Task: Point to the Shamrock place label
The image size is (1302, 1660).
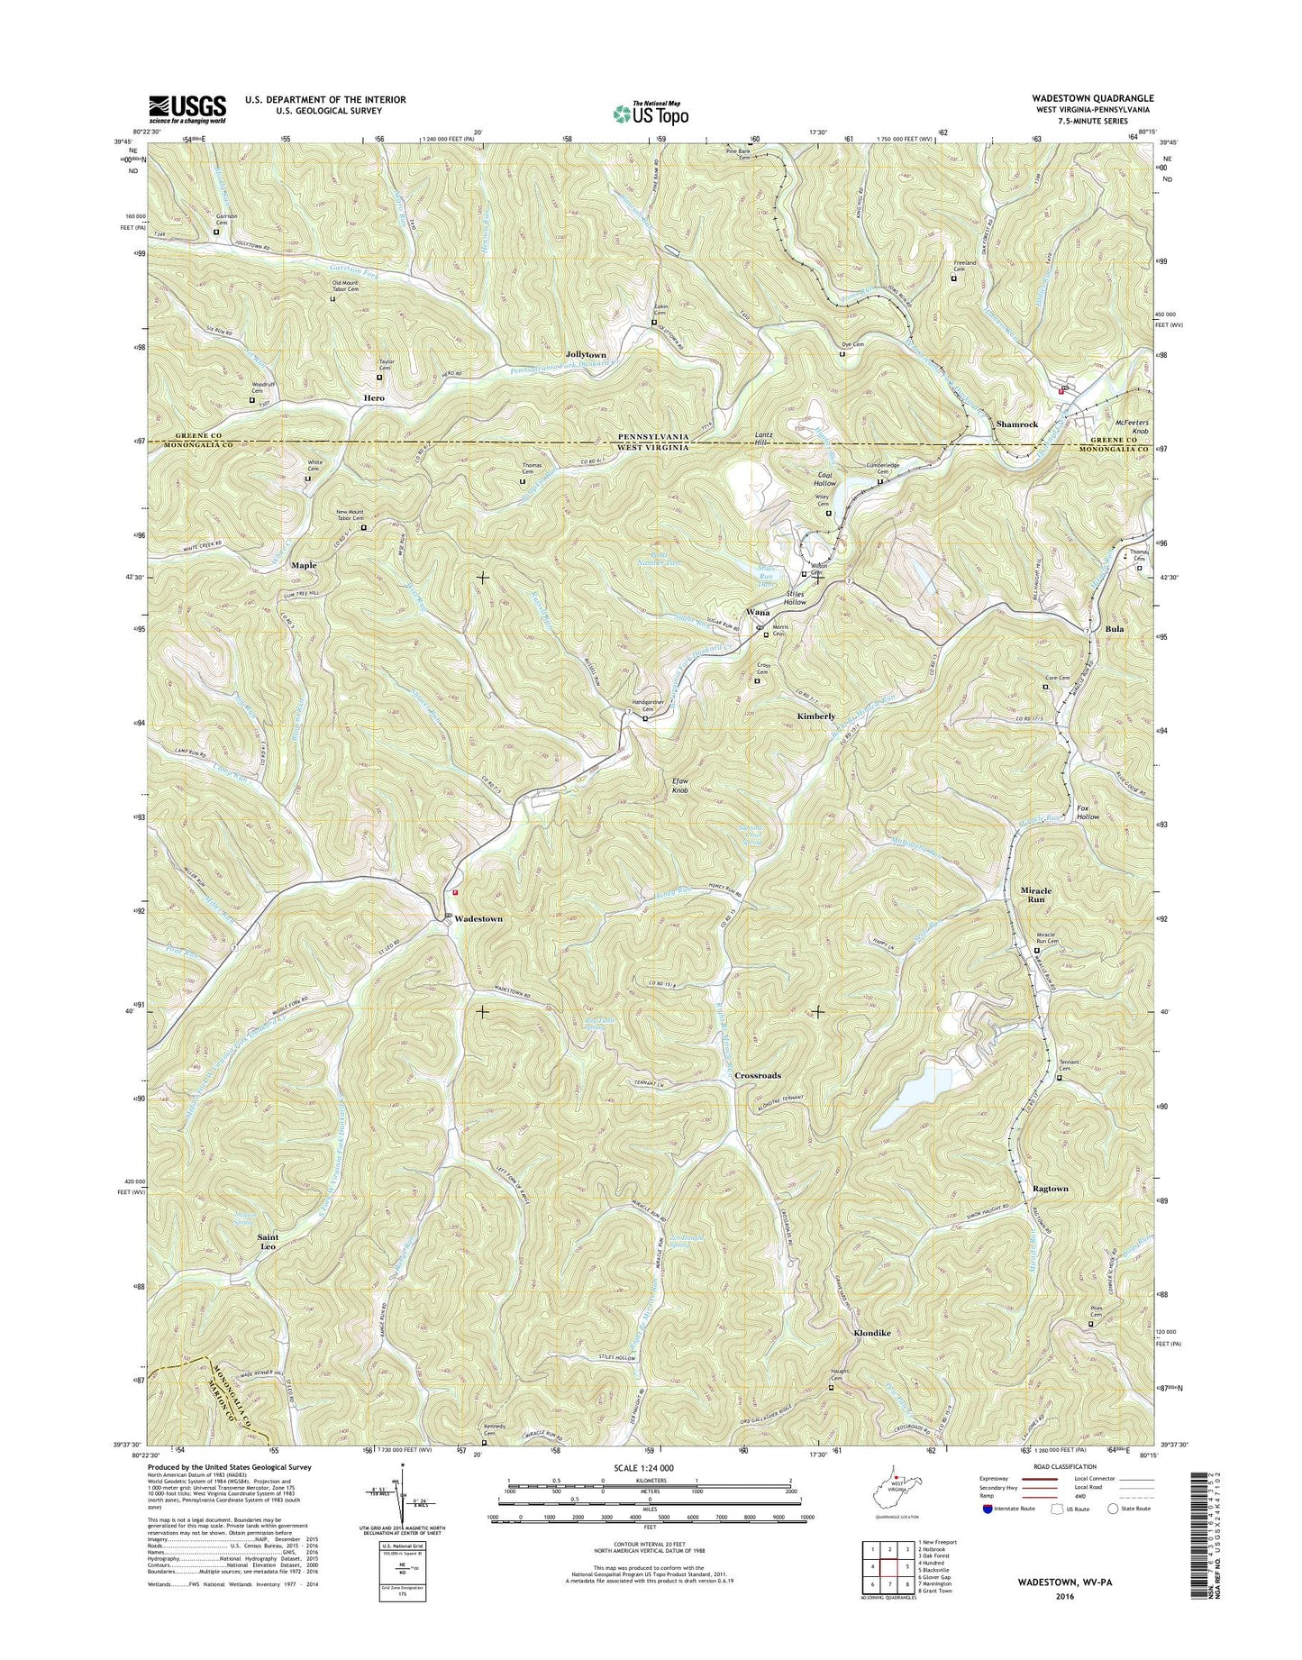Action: (1017, 424)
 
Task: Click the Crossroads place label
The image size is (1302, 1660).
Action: (758, 1076)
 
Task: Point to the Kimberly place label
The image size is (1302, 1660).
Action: (816, 716)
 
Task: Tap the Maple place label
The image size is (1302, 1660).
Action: (304, 565)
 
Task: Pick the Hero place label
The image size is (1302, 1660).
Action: (373, 397)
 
